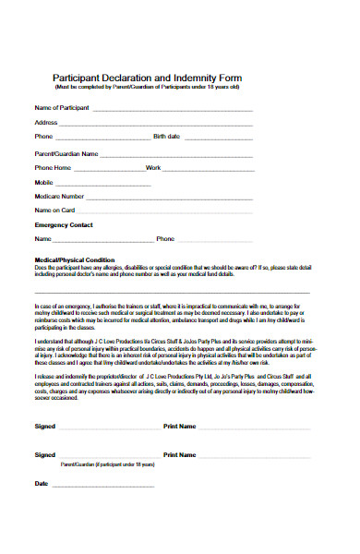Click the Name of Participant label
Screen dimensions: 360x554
click(x=62, y=108)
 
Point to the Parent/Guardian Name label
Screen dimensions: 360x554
click(x=66, y=153)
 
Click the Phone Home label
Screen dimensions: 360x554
click(x=53, y=168)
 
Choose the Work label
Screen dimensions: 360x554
click(x=153, y=168)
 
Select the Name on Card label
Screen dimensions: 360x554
click(x=54, y=211)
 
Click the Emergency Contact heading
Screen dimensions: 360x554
click(x=64, y=224)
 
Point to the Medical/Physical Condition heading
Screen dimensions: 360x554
click(x=74, y=259)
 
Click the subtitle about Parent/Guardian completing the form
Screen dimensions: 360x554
click(x=147, y=87)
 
